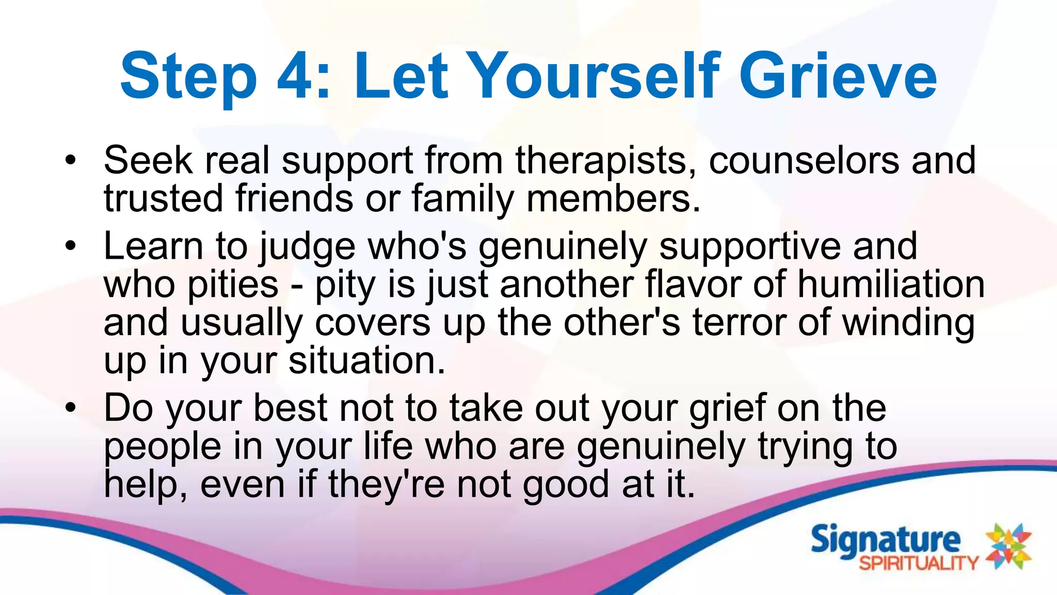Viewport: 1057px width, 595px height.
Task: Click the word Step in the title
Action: [188, 76]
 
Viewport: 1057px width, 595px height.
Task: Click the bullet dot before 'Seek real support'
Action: [71, 160]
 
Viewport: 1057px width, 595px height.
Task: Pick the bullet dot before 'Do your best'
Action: [71, 408]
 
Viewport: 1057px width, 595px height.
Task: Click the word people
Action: [163, 447]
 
